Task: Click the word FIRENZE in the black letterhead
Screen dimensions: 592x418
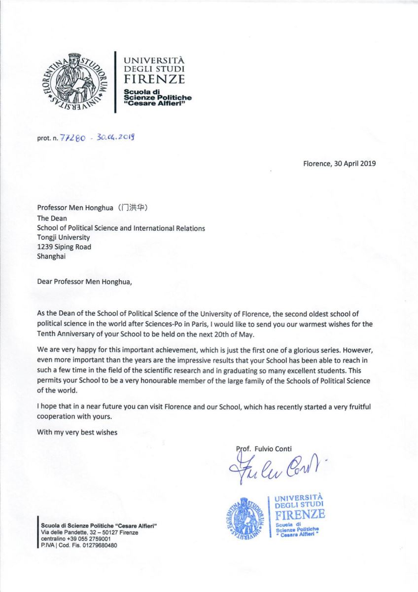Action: (154, 79)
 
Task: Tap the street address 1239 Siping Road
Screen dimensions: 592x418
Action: (64, 247)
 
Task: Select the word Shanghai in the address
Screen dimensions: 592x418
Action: (51, 256)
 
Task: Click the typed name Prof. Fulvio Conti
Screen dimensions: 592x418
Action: (264, 448)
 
